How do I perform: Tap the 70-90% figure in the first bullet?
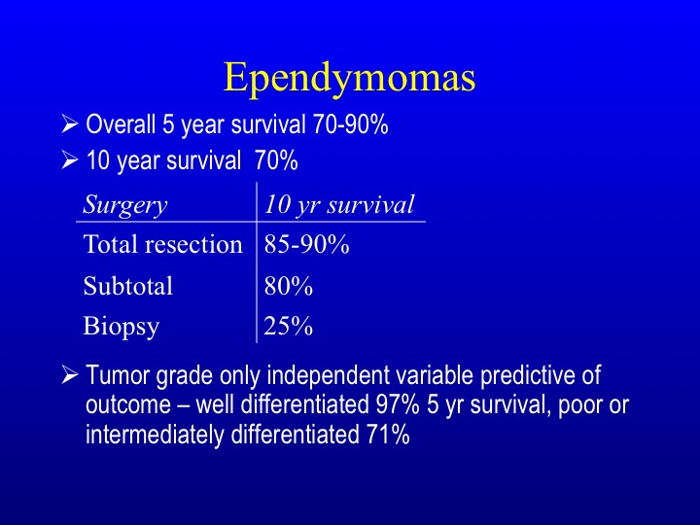(350, 123)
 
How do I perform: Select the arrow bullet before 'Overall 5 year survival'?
(70, 123)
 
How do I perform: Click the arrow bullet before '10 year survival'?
(70, 159)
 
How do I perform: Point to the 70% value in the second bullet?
(276, 160)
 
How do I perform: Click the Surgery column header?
(125, 205)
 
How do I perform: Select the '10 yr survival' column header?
(339, 204)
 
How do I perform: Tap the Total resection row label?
(163, 244)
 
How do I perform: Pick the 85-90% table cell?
(306, 244)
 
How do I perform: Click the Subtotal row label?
(128, 285)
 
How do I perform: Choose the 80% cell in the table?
(289, 286)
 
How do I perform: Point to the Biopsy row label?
(122, 327)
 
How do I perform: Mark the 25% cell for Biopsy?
(289, 326)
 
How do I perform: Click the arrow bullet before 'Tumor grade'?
(70, 374)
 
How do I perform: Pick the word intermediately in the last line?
(155, 436)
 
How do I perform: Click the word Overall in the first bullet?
(121, 123)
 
